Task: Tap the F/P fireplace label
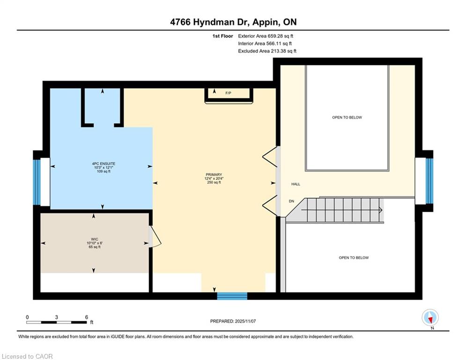click(228, 93)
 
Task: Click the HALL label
click(296, 184)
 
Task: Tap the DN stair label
click(292, 201)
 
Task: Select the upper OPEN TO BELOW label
click(347, 118)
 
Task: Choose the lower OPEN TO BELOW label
click(354, 258)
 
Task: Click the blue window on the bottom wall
click(232, 296)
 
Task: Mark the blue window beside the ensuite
click(37, 182)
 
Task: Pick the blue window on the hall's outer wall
click(429, 181)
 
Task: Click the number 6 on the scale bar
click(87, 317)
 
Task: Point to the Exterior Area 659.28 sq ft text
click(266, 36)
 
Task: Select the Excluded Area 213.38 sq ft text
click(267, 51)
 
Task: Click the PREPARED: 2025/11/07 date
click(233, 321)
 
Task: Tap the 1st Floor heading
click(222, 36)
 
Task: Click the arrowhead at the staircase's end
click(381, 210)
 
